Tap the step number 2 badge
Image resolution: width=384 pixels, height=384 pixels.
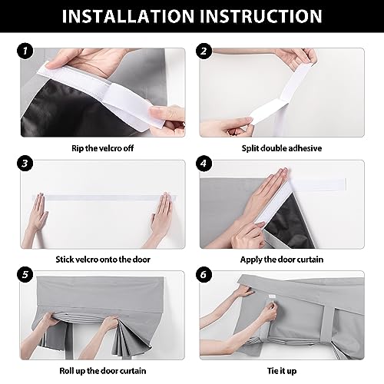204,51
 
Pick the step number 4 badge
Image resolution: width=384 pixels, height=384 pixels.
204,163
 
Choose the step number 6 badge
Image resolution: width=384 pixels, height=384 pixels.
204,274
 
